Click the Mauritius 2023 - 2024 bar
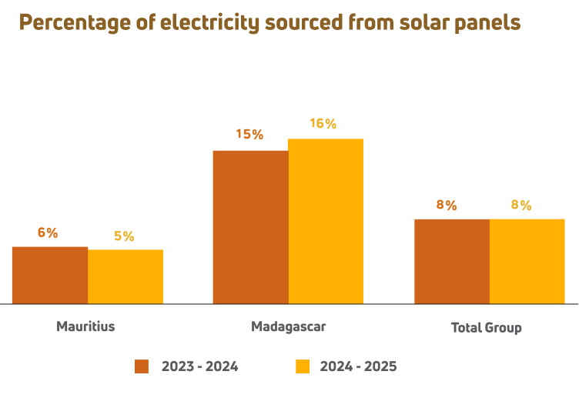49,275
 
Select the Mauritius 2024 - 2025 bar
126,276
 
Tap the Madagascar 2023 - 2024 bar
250,226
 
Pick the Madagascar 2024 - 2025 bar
325,221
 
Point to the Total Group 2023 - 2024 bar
452,261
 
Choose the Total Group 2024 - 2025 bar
527,261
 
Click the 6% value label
48,232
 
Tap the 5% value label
124,236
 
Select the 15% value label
249,135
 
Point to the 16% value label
323,123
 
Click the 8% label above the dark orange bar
447,205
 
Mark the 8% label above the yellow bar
521,205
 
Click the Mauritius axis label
85,326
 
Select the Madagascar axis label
289,326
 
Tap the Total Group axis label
487,328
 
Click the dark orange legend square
142,366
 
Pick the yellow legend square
303,366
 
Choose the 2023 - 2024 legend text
200,366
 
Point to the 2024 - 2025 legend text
359,366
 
